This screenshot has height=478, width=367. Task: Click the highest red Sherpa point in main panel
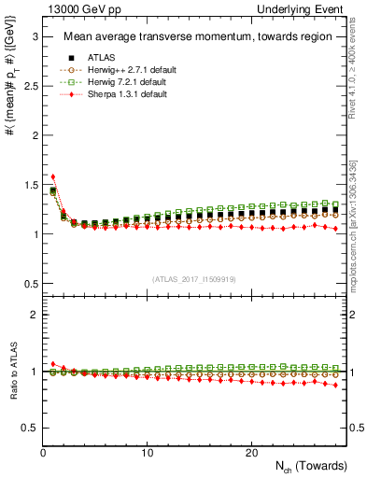click(53, 176)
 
